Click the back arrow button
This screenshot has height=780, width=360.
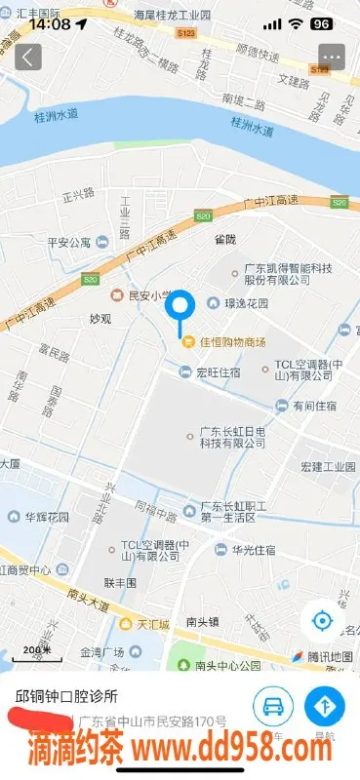(x=28, y=57)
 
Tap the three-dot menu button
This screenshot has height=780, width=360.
(x=332, y=57)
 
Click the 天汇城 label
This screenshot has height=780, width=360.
(x=152, y=624)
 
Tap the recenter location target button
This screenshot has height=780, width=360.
(x=322, y=620)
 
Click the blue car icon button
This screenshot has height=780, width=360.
(x=274, y=706)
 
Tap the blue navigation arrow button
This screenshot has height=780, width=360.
(x=324, y=706)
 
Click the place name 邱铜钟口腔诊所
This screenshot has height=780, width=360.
(x=66, y=697)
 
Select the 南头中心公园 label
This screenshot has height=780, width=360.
(x=227, y=667)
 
